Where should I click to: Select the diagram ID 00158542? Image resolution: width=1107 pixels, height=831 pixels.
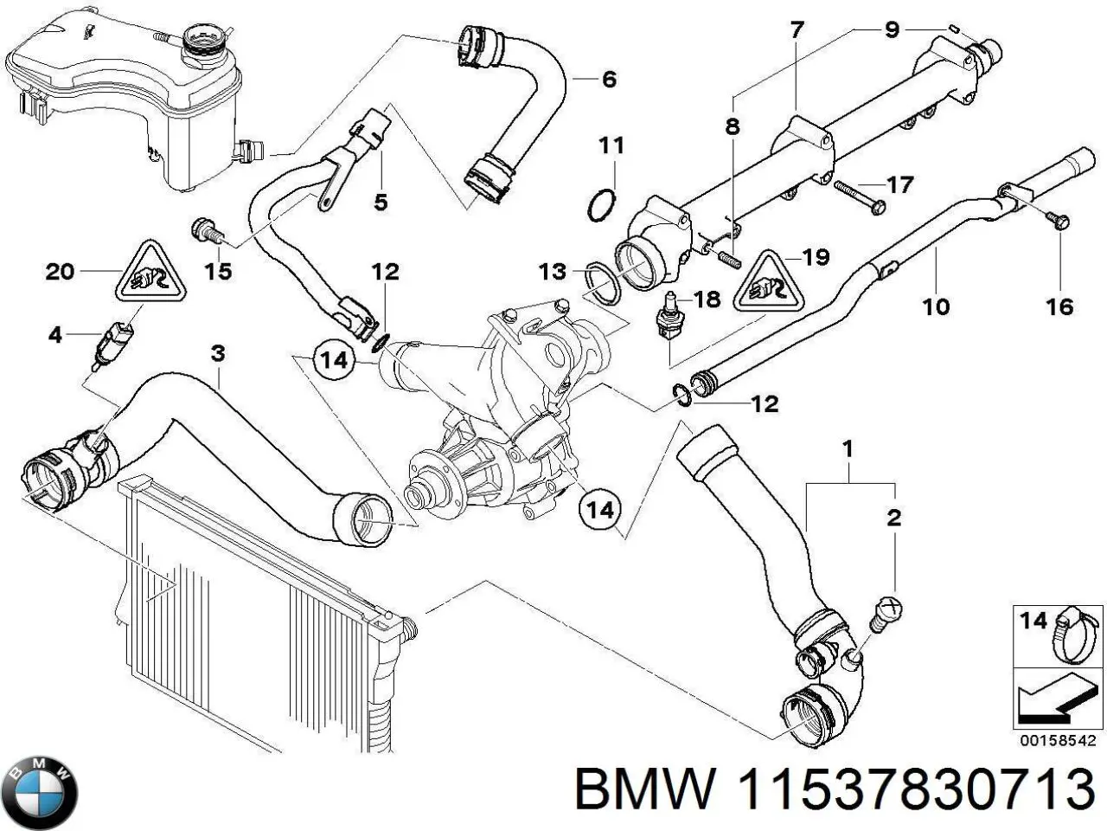[x=1058, y=741]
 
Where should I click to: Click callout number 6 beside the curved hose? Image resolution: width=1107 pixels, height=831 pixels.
[x=609, y=80]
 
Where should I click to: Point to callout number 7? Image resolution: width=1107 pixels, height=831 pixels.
[x=796, y=30]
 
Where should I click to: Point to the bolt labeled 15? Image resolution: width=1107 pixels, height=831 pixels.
[x=205, y=230]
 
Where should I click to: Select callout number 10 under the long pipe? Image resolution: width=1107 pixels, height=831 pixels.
[x=937, y=306]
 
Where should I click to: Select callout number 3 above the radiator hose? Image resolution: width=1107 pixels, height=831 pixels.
[x=218, y=353]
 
